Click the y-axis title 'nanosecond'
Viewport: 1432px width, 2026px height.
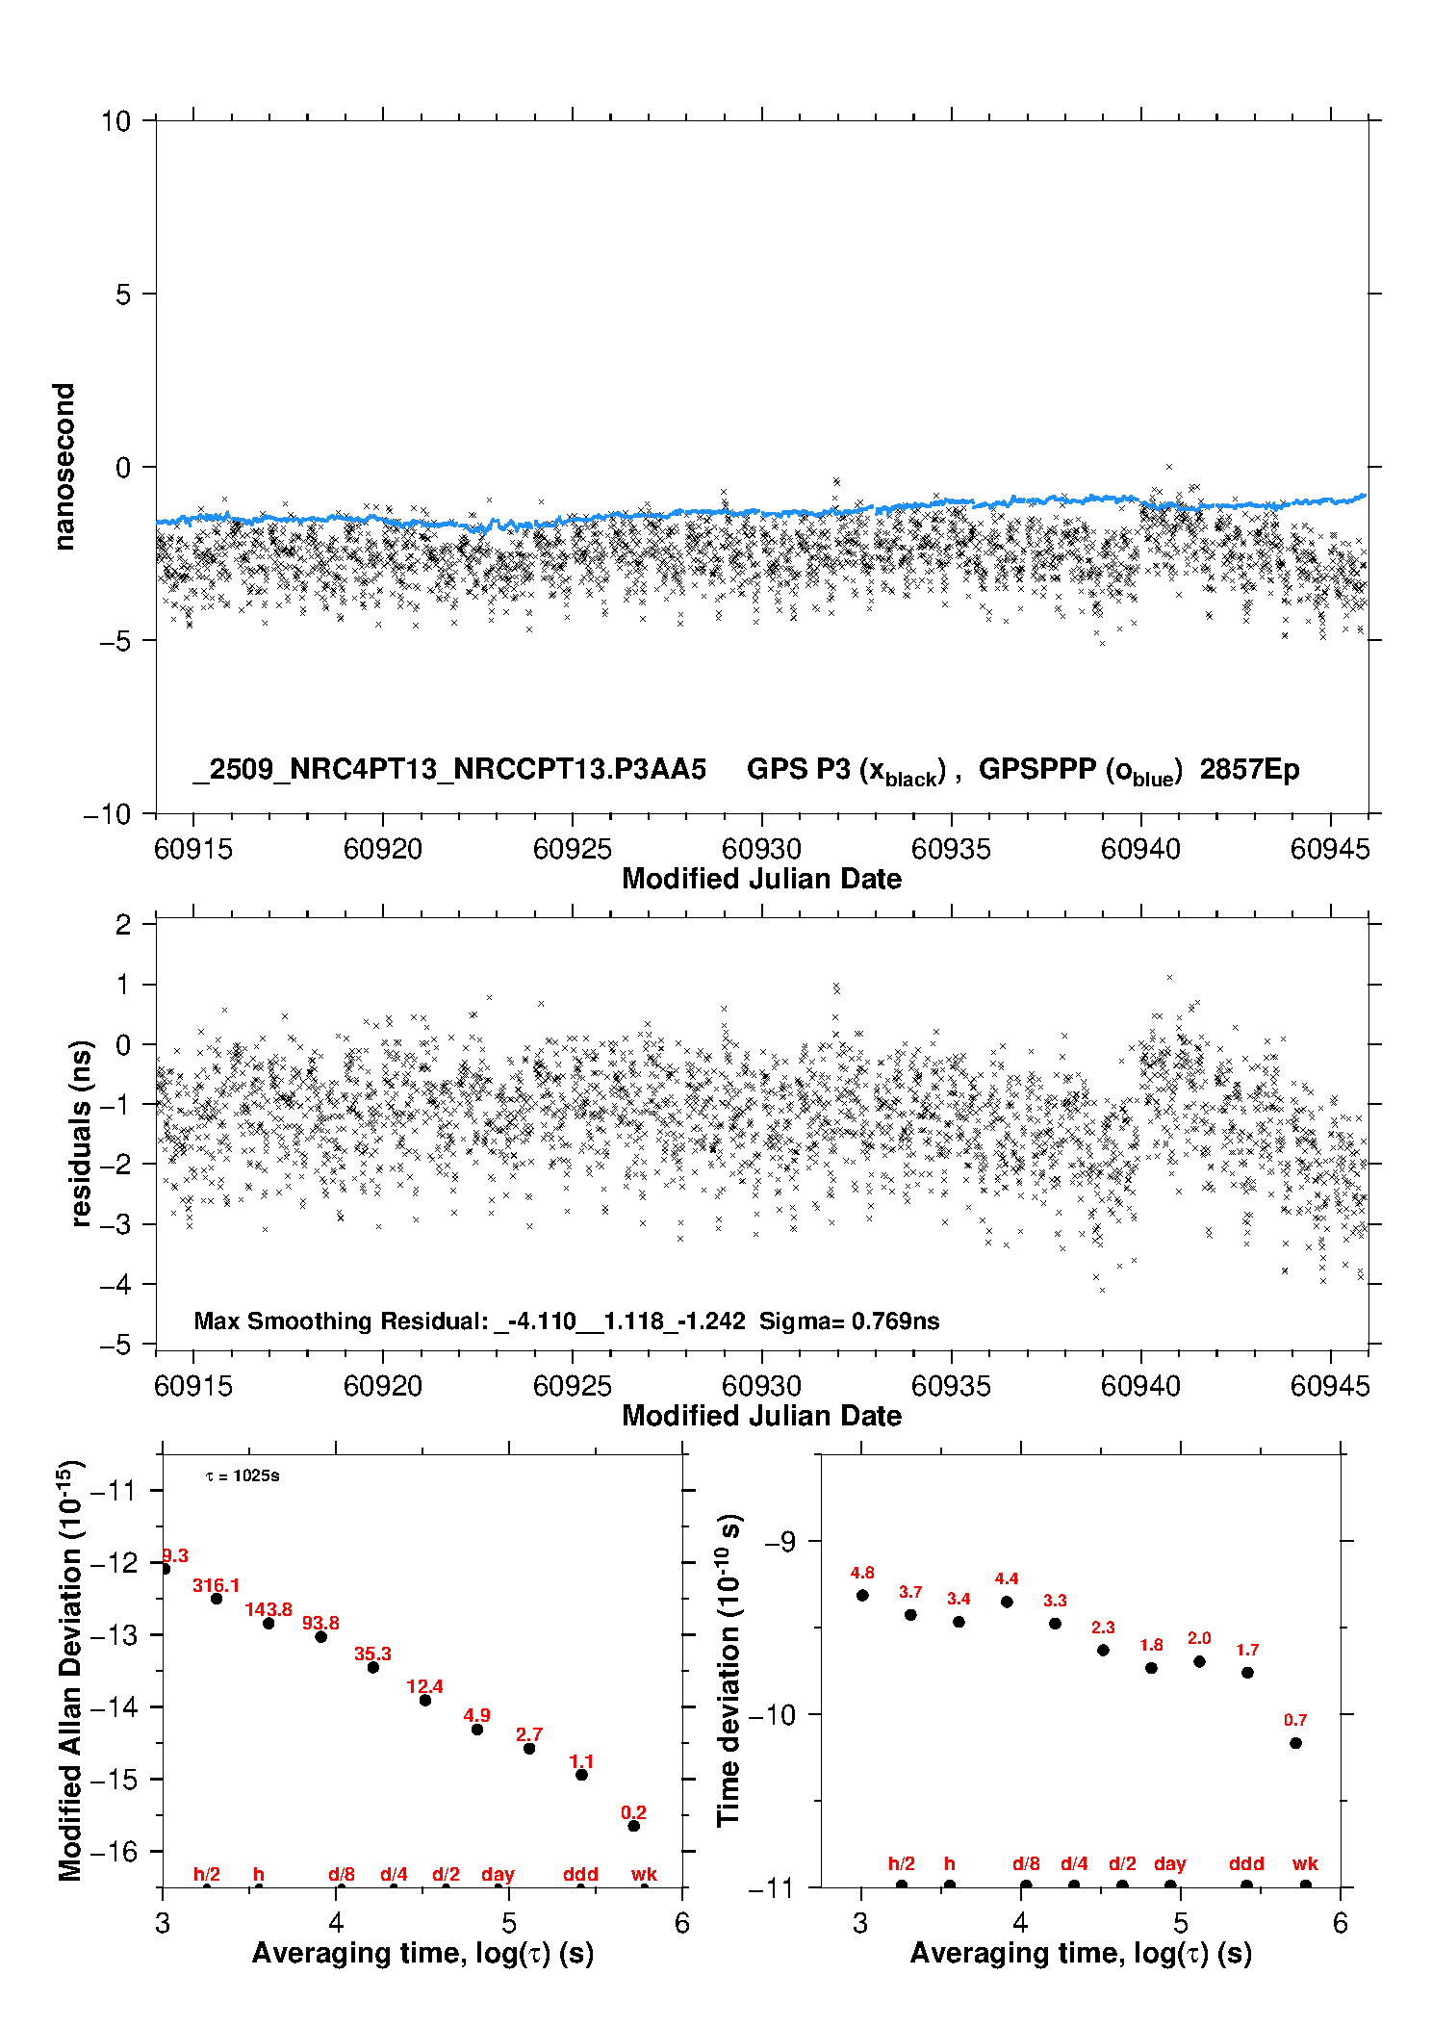point(64,467)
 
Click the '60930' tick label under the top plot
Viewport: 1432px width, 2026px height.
point(761,849)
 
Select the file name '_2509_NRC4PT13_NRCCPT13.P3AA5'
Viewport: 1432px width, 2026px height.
point(449,769)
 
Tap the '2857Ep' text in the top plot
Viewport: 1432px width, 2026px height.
point(1249,769)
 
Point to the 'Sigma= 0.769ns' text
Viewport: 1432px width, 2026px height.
point(849,1321)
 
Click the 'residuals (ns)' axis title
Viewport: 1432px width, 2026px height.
point(82,1133)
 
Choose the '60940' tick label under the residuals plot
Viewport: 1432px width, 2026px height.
point(1140,1386)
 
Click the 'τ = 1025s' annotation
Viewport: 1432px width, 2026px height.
point(243,1476)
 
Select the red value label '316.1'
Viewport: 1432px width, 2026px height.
point(216,1585)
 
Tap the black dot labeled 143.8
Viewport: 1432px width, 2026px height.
point(268,1624)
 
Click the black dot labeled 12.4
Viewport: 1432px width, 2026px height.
point(425,1700)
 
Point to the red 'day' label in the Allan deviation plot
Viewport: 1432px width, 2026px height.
point(498,1874)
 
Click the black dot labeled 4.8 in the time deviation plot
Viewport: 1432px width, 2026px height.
point(862,1595)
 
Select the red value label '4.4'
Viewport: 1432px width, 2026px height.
point(1007,1578)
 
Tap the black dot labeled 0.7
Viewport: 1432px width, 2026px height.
point(1295,1743)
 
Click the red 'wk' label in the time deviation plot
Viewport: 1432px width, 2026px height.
point(1305,1864)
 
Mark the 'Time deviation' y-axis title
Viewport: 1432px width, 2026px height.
point(729,1671)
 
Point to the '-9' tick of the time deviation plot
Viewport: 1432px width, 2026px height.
point(780,1542)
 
